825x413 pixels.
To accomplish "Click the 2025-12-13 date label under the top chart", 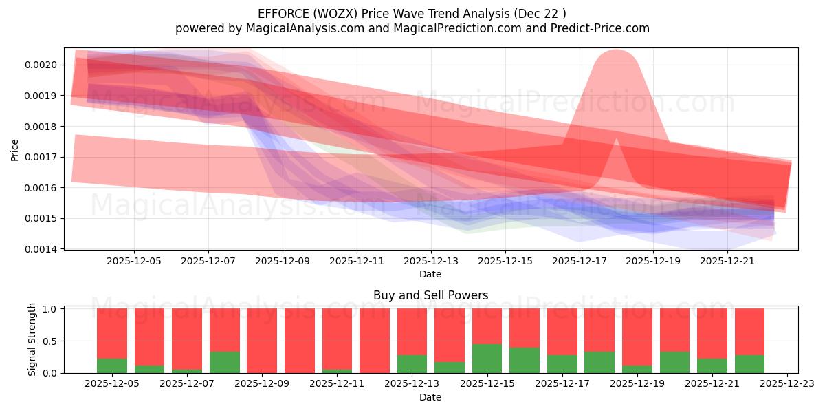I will pyautogui.click(x=430, y=262).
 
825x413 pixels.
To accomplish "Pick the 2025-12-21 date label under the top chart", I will pyautogui.click(x=727, y=262).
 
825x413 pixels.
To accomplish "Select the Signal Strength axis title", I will pyautogui.click(x=32, y=339).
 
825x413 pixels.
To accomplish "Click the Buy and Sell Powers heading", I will pyautogui.click(x=430, y=295).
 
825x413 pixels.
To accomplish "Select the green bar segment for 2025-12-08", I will pyautogui.click(x=224, y=362).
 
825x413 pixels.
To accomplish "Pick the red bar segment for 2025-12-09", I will pyautogui.click(x=262, y=341).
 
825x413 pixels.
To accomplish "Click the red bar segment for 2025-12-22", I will pyautogui.click(x=749, y=331).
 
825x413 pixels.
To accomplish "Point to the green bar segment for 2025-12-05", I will pyautogui.click(x=112, y=366).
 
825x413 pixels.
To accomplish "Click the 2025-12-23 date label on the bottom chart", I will pyautogui.click(x=786, y=384).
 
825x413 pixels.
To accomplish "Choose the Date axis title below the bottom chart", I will pyautogui.click(x=430, y=397).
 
